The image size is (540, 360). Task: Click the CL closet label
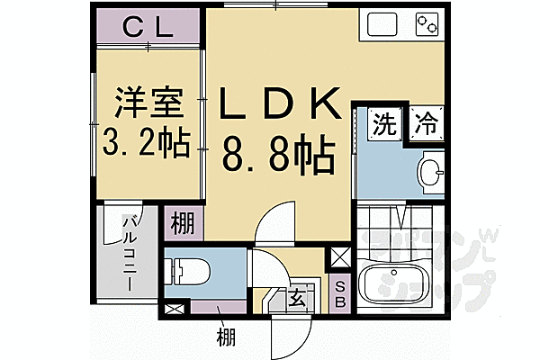pyautogui.click(x=148, y=27)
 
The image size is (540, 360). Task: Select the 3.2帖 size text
pyautogui.click(x=147, y=143)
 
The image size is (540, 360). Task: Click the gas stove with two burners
pyautogui.click(x=426, y=25)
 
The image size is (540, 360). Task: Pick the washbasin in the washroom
pyautogui.click(x=432, y=171)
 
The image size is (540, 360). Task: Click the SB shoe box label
pyautogui.click(x=339, y=292)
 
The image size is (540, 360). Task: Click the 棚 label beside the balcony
pyautogui.click(x=182, y=224)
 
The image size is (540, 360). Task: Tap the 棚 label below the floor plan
pyautogui.click(x=226, y=339)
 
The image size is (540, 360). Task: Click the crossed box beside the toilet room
pyautogui.click(x=173, y=310)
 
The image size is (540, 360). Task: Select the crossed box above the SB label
pyautogui.click(x=339, y=256)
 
